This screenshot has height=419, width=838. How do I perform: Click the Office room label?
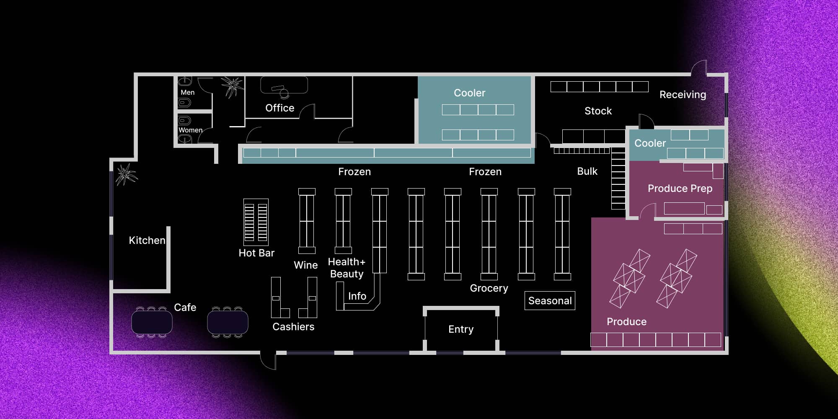tap(280, 108)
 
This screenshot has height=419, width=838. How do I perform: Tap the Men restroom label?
tap(187, 92)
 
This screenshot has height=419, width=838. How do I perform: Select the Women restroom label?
tap(190, 130)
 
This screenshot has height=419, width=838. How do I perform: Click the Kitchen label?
tap(147, 241)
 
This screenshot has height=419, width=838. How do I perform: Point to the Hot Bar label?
tap(256, 253)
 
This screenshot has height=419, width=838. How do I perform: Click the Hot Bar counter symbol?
tap(256, 222)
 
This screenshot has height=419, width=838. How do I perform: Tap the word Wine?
tap(306, 265)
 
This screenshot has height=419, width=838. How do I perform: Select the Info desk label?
tap(357, 296)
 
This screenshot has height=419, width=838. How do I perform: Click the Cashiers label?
tap(293, 327)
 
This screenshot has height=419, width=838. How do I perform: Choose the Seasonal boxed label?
tap(550, 301)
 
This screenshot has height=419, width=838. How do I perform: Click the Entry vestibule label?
tap(461, 329)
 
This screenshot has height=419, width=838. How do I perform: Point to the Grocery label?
tap(489, 288)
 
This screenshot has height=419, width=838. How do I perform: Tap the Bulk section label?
tap(587, 171)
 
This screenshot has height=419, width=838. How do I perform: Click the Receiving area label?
tap(683, 95)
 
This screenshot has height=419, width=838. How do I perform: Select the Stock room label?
tap(598, 111)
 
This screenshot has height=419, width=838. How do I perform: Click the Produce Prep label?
tap(680, 189)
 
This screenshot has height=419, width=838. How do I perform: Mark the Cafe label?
tap(185, 308)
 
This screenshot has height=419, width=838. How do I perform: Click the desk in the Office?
tap(284, 85)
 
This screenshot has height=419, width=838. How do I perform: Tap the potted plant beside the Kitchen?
tap(126, 174)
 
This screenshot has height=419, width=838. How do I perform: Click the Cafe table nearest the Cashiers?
tap(228, 322)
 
